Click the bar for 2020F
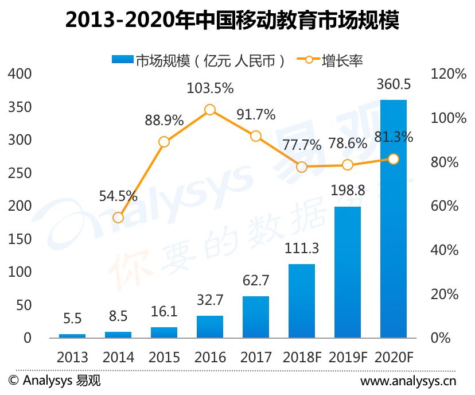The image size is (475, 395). [393, 219]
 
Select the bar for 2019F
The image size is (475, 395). [348, 272]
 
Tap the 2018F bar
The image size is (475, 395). [301, 301]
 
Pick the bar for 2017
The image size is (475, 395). [256, 317]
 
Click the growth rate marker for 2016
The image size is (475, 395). [210, 110]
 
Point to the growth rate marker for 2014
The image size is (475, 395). [118, 218]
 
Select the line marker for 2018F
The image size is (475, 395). [302, 166]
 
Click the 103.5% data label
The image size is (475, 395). [210, 88]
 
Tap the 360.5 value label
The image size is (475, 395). [394, 84]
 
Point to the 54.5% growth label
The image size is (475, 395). [118, 196]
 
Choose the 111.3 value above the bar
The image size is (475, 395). [302, 248]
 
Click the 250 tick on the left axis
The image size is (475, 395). [20, 173]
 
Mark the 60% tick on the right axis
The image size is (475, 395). [445, 206]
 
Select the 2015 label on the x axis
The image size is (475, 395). [164, 357]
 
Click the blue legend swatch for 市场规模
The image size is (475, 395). [123, 59]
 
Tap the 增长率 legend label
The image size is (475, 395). [342, 61]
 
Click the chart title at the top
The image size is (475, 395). [232, 20]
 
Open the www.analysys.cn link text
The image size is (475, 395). [408, 381]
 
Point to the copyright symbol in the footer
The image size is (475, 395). [13, 380]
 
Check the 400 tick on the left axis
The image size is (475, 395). [20, 74]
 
